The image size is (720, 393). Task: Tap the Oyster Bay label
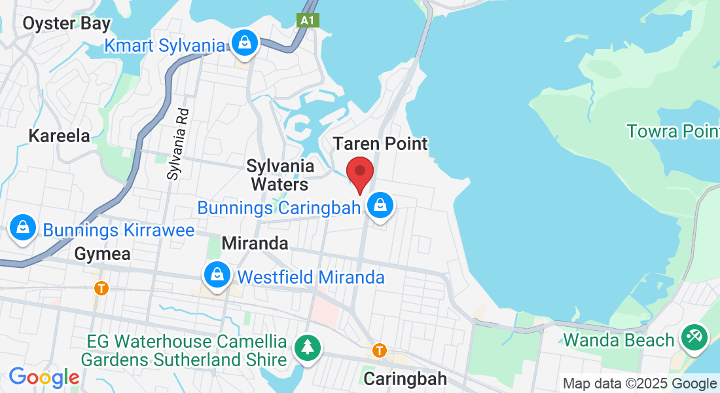[x=67, y=24]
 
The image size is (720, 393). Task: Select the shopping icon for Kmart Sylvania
[x=245, y=44]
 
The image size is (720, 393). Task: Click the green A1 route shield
[x=307, y=20]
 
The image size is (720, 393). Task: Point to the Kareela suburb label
[x=59, y=136]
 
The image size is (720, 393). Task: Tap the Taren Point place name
[x=380, y=143]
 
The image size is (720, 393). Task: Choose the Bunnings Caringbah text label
[x=279, y=208]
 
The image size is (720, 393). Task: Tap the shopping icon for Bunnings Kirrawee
[x=23, y=229]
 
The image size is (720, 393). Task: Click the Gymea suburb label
[x=103, y=253]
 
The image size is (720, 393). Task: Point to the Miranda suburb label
[x=255, y=243]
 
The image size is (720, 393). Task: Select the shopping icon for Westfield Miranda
[x=217, y=276]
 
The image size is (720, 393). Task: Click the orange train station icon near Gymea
[x=101, y=288]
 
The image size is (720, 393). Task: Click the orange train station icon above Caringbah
[x=379, y=350]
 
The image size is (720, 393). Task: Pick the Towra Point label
[x=673, y=131]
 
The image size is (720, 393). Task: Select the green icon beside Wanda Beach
[x=692, y=338]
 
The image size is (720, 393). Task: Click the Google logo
[x=44, y=377]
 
